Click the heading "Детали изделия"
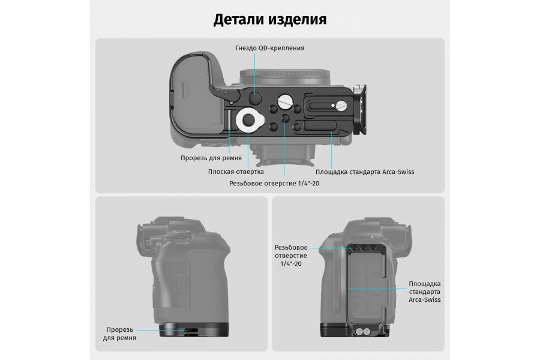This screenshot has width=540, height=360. point(270,19)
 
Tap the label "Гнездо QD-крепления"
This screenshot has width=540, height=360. point(270,47)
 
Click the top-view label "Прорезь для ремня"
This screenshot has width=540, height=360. point(211,158)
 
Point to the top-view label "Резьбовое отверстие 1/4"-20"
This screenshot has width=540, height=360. point(274,184)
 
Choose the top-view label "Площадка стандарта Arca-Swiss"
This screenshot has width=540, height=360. point(364,172)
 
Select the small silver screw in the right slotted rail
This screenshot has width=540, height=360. point(341,106)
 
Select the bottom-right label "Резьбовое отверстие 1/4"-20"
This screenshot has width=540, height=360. point(291,255)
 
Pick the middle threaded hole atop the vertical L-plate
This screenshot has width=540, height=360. point(363,247)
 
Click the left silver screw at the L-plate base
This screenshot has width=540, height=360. point(359,331)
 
